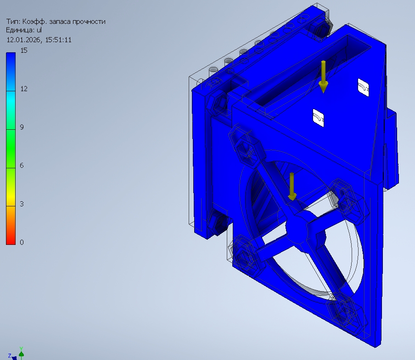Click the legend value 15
click(x=24, y=50)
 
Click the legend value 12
click(x=24, y=89)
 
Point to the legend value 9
click(x=22, y=127)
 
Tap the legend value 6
click(x=22, y=166)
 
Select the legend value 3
click(x=22, y=204)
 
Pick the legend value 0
click(x=22, y=242)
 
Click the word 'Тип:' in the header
click(x=13, y=22)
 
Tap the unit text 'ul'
click(x=39, y=30)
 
